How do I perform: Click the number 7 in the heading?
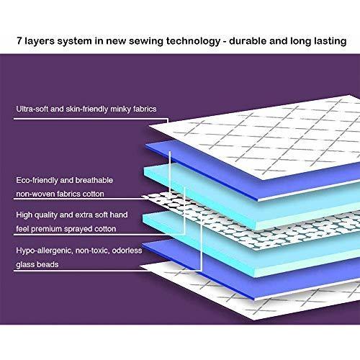[19, 41]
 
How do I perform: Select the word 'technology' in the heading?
[193, 41]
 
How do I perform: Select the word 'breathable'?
[94, 180]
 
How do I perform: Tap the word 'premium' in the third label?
[46, 229]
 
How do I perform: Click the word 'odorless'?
[127, 251]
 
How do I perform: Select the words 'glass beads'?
[37, 264]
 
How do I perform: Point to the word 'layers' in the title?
[39, 41]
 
